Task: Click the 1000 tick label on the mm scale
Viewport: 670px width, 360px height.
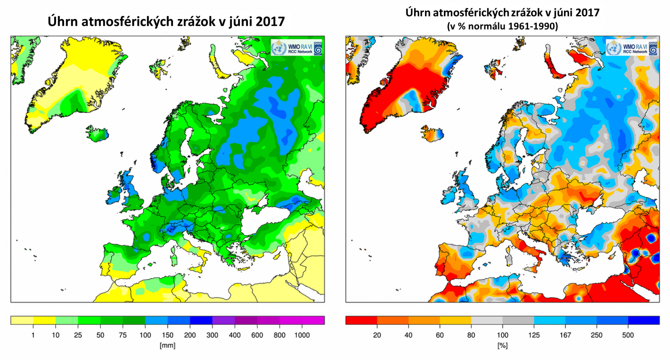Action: click(301, 335)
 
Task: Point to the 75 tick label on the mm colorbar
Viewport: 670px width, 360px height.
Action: click(123, 335)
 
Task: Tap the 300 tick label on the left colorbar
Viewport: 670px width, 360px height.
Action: click(212, 335)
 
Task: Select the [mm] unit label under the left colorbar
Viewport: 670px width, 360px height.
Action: click(167, 345)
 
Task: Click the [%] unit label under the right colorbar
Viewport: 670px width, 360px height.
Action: click(502, 345)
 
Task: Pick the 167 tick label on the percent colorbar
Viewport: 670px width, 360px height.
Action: click(565, 335)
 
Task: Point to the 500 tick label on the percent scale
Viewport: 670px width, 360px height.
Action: click(628, 335)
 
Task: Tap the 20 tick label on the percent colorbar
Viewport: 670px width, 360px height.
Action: click(377, 335)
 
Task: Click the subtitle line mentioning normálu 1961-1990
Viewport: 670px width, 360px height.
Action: click(502, 26)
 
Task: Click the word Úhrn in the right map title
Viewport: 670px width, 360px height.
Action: click(417, 12)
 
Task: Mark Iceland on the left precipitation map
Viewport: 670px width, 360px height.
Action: click(97, 134)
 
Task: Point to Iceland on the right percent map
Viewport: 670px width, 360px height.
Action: click(432, 134)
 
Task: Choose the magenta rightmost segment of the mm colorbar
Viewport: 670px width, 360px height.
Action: click(313, 320)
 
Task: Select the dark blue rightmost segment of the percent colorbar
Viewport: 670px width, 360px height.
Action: click(644, 320)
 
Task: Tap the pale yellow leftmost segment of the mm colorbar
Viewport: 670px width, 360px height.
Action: click(22, 320)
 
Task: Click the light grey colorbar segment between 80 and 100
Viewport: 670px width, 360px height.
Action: click(487, 320)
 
